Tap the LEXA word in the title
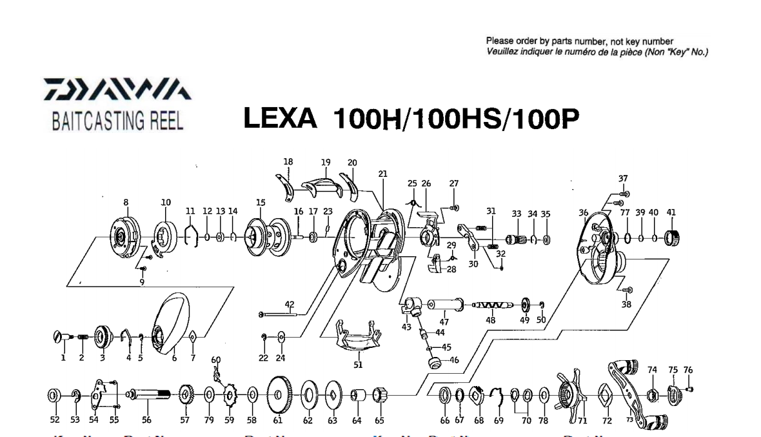tap(279, 119)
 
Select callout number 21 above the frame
tap(382, 174)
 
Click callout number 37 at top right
tap(623, 178)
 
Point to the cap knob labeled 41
tap(672, 238)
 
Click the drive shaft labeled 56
tap(149, 393)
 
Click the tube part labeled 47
tap(444, 302)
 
